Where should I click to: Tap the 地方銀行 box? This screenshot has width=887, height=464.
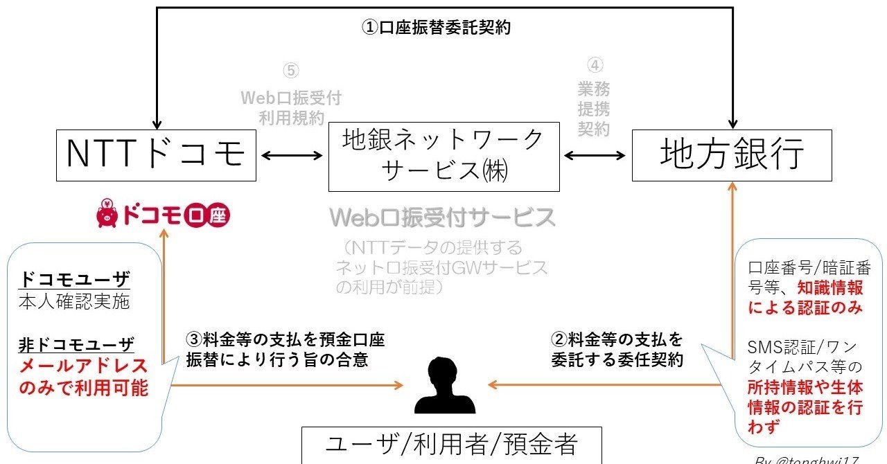(x=732, y=154)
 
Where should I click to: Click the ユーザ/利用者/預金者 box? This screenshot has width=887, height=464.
(x=451, y=445)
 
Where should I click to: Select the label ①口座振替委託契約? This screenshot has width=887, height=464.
(x=437, y=28)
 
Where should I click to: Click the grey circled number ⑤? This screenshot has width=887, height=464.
(x=290, y=71)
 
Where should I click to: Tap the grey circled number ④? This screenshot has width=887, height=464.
(x=595, y=66)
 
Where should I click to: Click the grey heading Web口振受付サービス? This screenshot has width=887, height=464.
(x=443, y=217)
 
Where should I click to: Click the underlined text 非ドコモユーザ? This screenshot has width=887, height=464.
(x=76, y=344)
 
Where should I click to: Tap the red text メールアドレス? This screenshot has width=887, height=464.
(x=84, y=366)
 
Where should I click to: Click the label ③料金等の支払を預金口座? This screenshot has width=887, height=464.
(x=285, y=340)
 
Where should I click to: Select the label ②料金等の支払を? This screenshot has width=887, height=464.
(x=616, y=340)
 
